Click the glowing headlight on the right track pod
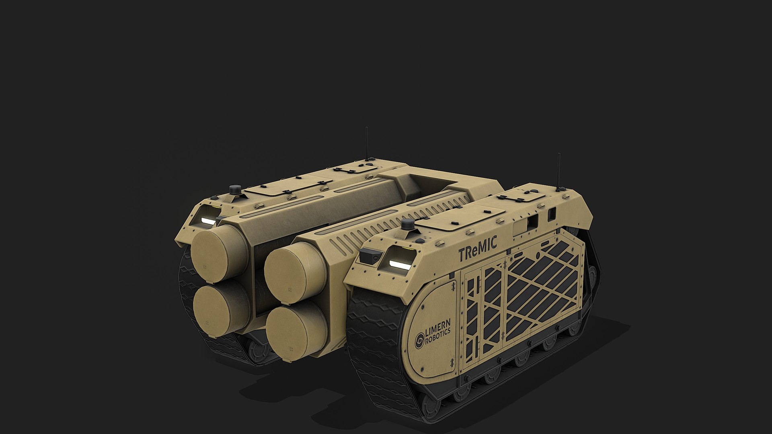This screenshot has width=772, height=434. (x=399, y=264)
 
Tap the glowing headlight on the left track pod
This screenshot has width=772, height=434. (x=209, y=220)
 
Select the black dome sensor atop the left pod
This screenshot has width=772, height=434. (x=234, y=189)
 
